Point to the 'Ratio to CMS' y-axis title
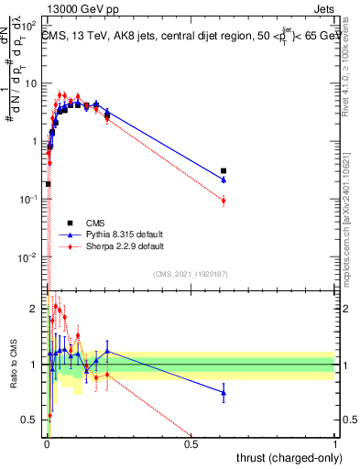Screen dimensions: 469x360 (x=13, y=363)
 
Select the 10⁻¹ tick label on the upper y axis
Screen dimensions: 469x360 (x=31, y=199)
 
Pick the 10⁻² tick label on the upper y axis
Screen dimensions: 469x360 (x=31, y=256)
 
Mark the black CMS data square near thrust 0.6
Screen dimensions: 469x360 (x=224, y=170)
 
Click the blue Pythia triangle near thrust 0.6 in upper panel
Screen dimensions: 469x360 (x=224, y=180)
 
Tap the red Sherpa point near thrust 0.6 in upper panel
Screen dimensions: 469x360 (x=224, y=201)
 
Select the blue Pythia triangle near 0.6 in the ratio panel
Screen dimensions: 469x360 (x=224, y=393)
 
